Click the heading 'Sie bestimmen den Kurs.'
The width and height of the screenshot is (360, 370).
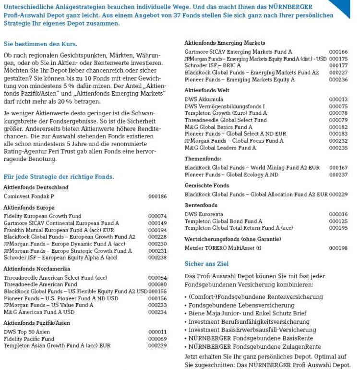[x=40, y=44]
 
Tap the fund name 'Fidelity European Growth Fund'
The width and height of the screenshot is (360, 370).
[x=42, y=216]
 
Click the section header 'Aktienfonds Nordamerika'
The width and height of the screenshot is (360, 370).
[x=37, y=269]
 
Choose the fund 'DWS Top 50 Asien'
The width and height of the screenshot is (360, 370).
[x=26, y=332]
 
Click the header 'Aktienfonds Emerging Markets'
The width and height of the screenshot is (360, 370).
[x=225, y=43]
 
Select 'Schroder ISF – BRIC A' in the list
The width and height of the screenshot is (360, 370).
[x=213, y=65]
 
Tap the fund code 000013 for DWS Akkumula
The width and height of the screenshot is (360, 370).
[x=338, y=99]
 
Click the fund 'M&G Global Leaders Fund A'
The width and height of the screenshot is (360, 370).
[x=220, y=148]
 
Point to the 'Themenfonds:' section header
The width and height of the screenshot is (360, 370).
[x=203, y=158]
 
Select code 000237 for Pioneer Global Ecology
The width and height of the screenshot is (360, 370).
[x=338, y=175]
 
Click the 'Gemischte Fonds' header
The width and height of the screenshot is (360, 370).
[x=207, y=185]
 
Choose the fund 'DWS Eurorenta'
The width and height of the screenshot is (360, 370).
[x=204, y=214]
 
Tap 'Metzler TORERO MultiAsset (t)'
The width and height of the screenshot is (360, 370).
[x=223, y=248]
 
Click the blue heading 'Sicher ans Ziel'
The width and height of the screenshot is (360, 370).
[x=207, y=264]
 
